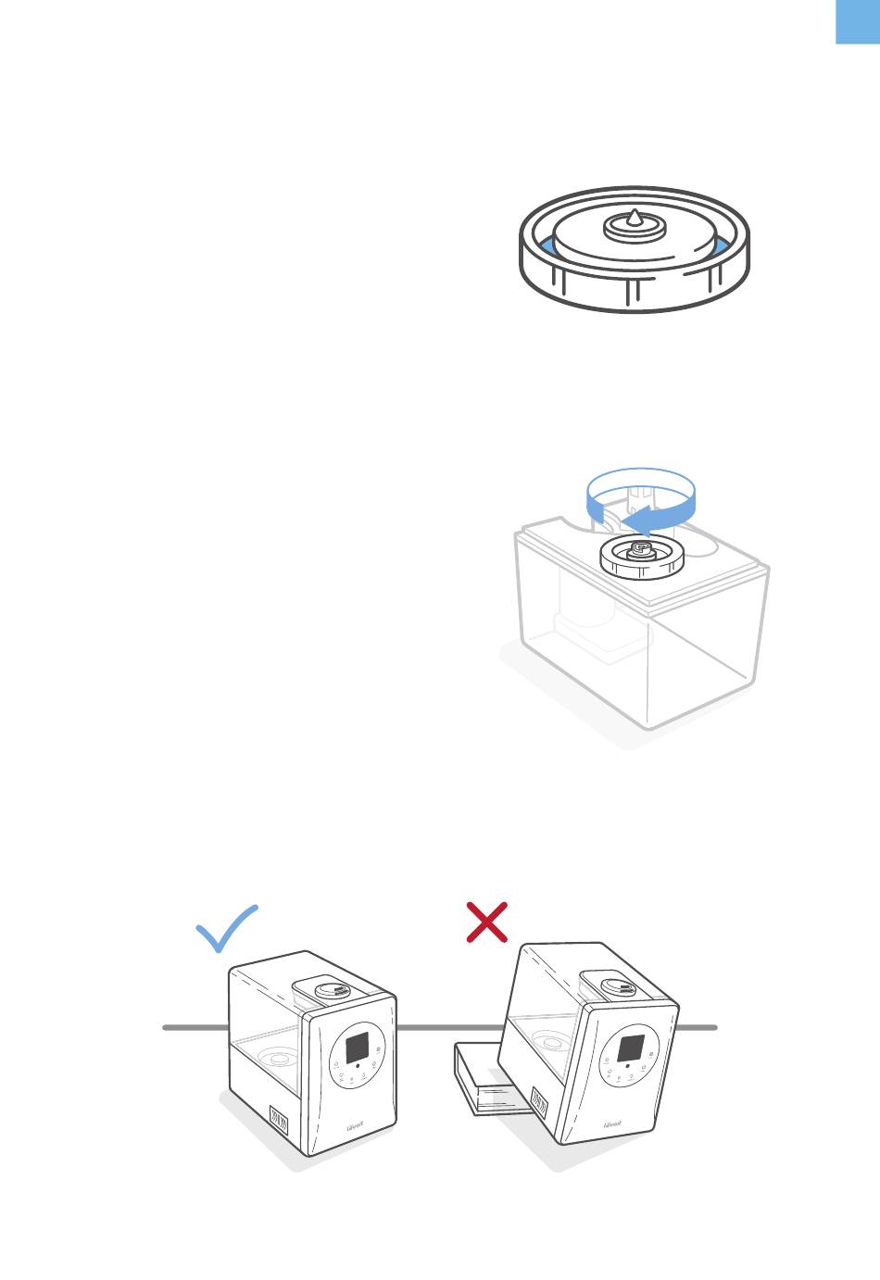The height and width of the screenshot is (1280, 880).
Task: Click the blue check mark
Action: [225, 930]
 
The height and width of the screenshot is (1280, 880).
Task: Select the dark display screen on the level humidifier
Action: [358, 1048]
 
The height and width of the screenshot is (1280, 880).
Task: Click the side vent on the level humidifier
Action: [278, 1118]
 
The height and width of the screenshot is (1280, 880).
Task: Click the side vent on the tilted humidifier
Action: [539, 1102]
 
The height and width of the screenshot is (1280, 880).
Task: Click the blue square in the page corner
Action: [858, 21]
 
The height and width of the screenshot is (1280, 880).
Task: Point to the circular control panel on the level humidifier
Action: [358, 1056]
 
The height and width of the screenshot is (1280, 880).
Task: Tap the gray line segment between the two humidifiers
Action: [449, 1027]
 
